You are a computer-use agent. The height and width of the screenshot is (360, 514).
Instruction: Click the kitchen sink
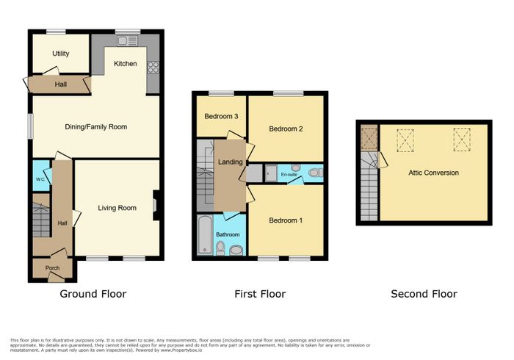(x=128, y=41)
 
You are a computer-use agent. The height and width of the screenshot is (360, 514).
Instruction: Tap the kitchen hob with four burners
(x=153, y=67)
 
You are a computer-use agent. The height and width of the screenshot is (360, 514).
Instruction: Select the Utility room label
(x=61, y=54)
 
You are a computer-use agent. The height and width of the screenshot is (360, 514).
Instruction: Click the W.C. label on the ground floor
(x=40, y=179)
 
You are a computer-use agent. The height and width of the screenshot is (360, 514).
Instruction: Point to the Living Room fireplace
(x=156, y=205)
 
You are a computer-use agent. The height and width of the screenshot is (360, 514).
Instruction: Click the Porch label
(x=52, y=268)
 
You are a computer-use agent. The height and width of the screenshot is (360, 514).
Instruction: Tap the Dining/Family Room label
(x=95, y=127)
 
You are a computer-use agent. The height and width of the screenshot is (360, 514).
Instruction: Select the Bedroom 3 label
(x=221, y=116)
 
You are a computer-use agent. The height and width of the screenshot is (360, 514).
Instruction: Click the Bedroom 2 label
(x=286, y=129)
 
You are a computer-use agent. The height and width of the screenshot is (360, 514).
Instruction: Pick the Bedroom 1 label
(x=286, y=220)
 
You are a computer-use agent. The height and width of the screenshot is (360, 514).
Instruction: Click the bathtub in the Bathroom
(x=205, y=234)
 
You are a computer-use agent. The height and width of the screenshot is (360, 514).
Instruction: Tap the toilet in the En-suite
(x=315, y=173)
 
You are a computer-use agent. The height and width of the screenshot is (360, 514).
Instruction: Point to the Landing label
(x=231, y=162)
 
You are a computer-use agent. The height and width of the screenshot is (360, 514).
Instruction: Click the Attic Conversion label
(x=433, y=173)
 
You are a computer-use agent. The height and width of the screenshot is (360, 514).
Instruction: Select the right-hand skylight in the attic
(x=462, y=140)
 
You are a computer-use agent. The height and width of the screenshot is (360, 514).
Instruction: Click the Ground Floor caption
(x=93, y=294)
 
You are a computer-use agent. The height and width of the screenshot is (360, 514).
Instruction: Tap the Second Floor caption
(x=424, y=294)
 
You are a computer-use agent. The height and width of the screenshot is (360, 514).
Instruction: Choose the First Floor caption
(x=260, y=294)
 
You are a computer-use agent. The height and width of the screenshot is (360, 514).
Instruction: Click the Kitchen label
(x=126, y=64)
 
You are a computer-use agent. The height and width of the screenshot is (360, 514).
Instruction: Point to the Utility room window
(x=56, y=32)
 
